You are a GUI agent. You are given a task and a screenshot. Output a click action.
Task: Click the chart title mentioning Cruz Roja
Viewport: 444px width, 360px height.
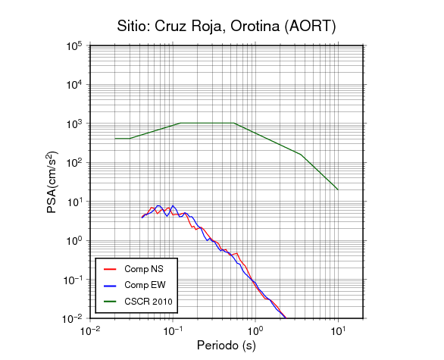(227, 26)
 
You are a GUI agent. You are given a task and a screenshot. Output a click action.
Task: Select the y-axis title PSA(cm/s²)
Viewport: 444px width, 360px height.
(52, 183)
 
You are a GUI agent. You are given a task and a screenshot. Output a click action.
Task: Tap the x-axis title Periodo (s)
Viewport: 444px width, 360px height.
(227, 346)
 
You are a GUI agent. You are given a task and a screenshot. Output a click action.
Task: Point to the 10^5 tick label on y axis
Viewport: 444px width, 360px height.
(74, 46)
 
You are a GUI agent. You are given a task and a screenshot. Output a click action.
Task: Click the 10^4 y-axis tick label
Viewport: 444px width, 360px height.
(74, 85)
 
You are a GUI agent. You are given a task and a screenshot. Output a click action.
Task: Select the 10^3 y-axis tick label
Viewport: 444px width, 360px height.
(74, 124)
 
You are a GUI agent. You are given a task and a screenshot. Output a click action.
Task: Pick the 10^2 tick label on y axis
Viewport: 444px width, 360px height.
(74, 163)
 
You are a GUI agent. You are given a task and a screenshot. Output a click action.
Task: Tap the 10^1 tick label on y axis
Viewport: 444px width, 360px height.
(74, 202)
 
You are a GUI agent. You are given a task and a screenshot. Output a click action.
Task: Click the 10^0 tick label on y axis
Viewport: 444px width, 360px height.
(74, 241)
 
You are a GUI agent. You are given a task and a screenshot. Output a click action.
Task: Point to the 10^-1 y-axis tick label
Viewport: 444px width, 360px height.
(72, 280)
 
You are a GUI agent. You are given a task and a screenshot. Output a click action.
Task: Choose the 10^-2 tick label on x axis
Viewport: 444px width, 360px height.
(90, 330)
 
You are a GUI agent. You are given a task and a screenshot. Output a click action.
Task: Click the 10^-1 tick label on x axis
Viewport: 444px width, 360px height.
(173, 330)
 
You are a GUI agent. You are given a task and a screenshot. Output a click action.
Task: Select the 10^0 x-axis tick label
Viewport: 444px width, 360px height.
(255, 330)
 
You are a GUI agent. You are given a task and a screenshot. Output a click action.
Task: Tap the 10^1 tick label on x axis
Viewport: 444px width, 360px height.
(338, 330)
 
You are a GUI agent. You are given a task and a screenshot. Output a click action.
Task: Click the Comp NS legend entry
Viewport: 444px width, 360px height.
(133, 269)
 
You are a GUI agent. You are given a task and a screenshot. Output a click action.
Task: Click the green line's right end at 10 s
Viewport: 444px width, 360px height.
(338, 189)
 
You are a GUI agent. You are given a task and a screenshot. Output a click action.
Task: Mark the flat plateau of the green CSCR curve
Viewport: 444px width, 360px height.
(208, 123)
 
